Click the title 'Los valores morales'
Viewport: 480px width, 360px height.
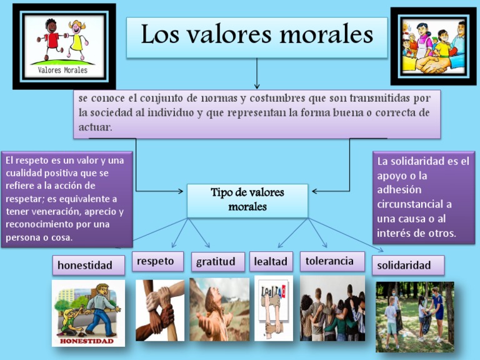pos(256,36)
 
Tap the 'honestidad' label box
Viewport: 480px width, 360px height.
pos(84,265)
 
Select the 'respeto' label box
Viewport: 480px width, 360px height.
pos(157,261)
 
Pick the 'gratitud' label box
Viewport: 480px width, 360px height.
pos(216,261)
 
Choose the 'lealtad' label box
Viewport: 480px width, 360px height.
pos(271,261)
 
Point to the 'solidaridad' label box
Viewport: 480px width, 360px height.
pos(407,265)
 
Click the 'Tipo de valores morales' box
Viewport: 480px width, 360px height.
pos(247,200)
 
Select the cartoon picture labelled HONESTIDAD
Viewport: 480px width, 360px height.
pos(88,312)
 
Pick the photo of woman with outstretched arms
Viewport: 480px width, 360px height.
pos(219,309)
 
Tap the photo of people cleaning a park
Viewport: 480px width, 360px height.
pos(414,316)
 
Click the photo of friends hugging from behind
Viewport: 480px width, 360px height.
pos(332,309)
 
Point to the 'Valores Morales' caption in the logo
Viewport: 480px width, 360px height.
pos(63,70)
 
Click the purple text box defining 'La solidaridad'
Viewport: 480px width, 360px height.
pos(423,197)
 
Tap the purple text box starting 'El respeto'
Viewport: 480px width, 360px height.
pos(67,199)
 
